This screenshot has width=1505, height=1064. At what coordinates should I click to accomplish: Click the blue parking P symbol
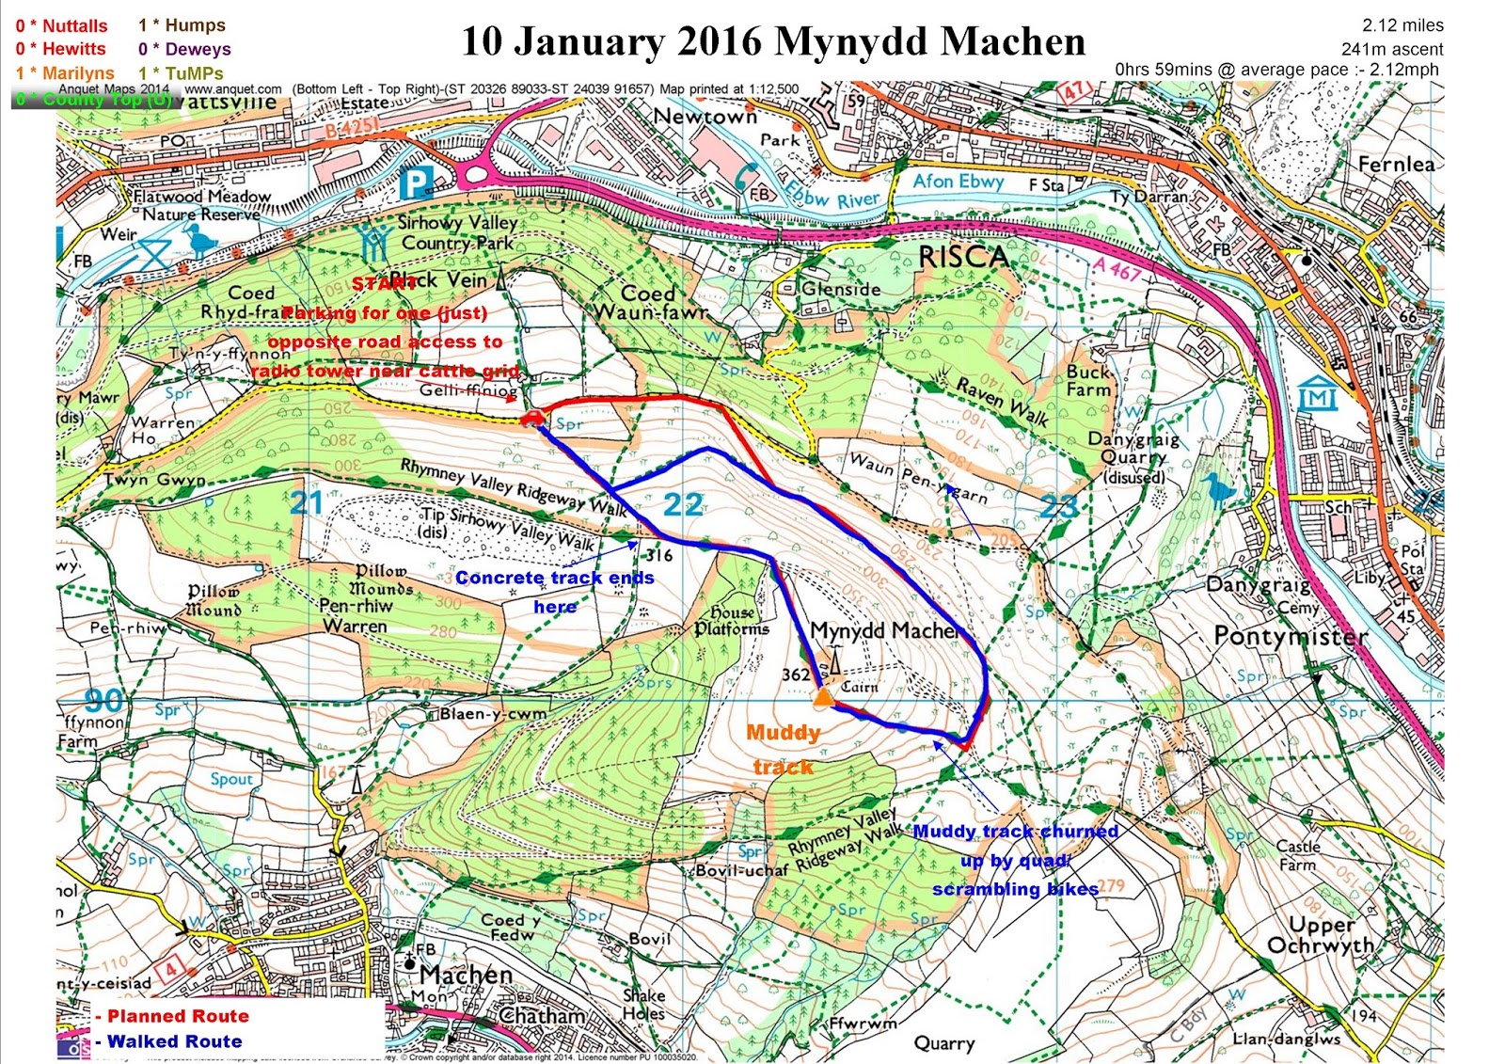(414, 183)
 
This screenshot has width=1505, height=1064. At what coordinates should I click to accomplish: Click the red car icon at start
(531, 418)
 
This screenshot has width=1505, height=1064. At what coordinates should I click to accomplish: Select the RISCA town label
(962, 258)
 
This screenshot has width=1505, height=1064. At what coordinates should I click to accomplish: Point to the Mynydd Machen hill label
(884, 630)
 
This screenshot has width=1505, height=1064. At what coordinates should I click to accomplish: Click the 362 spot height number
(796, 675)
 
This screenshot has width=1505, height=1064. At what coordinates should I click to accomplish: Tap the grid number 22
(682, 505)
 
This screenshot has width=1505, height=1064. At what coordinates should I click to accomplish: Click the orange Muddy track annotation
(784, 749)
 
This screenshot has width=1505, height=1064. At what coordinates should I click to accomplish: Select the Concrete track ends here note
(554, 592)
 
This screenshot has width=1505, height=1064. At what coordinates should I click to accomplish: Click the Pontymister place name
(1291, 637)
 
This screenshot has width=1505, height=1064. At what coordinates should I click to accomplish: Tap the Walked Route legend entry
(174, 1041)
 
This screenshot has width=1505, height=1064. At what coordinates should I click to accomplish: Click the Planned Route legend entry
(177, 1016)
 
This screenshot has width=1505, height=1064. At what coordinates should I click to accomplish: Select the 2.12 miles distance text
(1402, 25)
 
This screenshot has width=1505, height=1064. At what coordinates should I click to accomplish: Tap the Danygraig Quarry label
(1133, 457)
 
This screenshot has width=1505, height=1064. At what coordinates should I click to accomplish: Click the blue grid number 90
(103, 700)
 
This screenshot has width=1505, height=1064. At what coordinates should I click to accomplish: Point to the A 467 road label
(1117, 271)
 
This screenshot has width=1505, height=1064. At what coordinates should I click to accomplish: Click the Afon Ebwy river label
(958, 181)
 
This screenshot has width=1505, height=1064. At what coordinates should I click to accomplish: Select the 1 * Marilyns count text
(65, 72)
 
